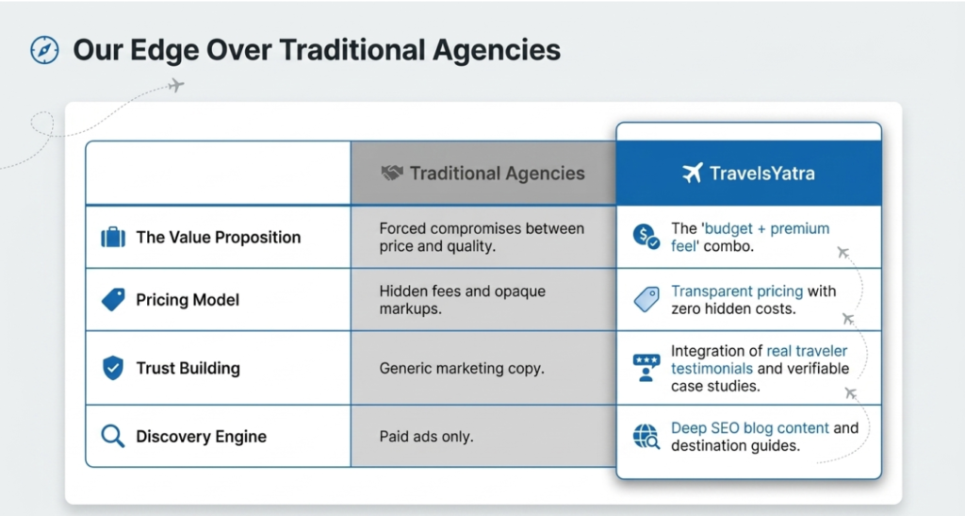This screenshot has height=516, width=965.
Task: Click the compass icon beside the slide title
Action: coord(45,50)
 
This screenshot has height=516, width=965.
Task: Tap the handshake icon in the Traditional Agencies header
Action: coord(391,173)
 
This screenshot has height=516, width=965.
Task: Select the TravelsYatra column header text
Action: coord(761,174)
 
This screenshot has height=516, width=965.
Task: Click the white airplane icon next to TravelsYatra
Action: coord(693,173)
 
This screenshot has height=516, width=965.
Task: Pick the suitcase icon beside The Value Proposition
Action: coord(113,237)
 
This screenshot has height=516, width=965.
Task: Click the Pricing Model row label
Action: coord(188,300)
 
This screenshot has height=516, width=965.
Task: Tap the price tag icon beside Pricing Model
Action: coord(113,300)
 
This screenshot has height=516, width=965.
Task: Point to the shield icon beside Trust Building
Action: coord(113,368)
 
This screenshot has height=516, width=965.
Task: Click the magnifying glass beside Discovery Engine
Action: coord(113,436)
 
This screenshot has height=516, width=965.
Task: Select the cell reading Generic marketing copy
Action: coord(462,368)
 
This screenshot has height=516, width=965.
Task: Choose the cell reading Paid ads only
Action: coord(426,437)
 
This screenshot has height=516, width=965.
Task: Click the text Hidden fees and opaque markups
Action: coord(462,300)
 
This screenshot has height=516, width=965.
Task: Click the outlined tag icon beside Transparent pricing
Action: coord(646,300)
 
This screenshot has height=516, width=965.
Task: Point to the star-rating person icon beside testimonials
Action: coord(646,368)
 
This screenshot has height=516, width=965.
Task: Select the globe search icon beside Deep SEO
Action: coord(646,437)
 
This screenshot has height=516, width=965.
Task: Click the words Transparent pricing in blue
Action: coord(737,291)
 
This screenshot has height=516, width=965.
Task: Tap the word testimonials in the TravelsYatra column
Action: coord(711,368)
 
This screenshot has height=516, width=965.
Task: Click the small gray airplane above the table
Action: coord(176,85)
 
